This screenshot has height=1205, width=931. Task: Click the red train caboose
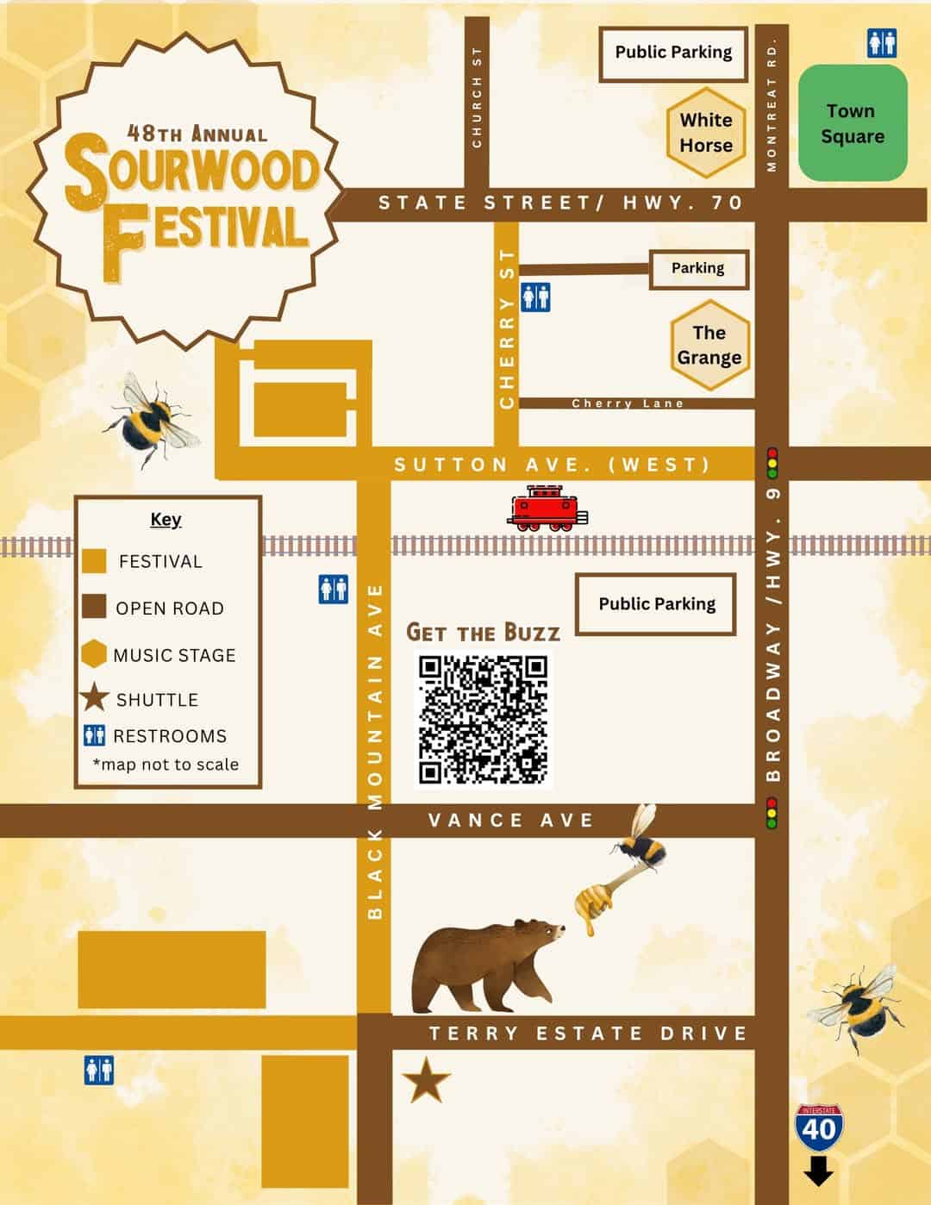(x=547, y=509)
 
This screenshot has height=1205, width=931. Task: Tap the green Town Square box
(x=853, y=123)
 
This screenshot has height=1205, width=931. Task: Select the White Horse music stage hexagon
(x=706, y=133)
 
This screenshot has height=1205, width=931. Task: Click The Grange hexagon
(x=709, y=345)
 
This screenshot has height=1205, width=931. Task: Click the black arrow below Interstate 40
(x=819, y=1172)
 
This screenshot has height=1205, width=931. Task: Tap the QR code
(x=484, y=719)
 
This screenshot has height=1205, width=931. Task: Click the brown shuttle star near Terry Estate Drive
(x=426, y=1082)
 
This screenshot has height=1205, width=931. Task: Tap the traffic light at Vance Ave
(x=772, y=813)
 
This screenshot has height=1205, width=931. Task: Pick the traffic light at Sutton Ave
(x=772, y=463)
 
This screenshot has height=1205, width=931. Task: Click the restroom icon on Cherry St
(x=535, y=298)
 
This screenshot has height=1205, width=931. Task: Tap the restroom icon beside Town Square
(x=882, y=43)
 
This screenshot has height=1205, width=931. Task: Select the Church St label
(x=477, y=97)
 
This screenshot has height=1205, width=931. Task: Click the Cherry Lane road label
(x=628, y=403)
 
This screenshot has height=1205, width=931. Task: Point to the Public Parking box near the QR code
(x=656, y=604)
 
